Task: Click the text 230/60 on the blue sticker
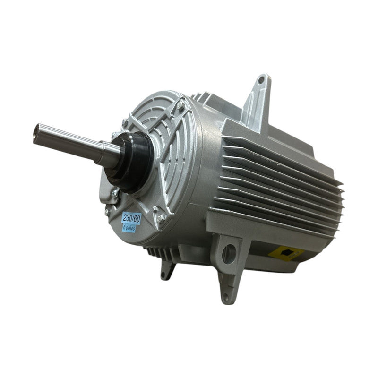pyautogui.click(x=131, y=218)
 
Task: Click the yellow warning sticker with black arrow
pyautogui.click(x=285, y=253)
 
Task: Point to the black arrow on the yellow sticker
pyautogui.click(x=285, y=253)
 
